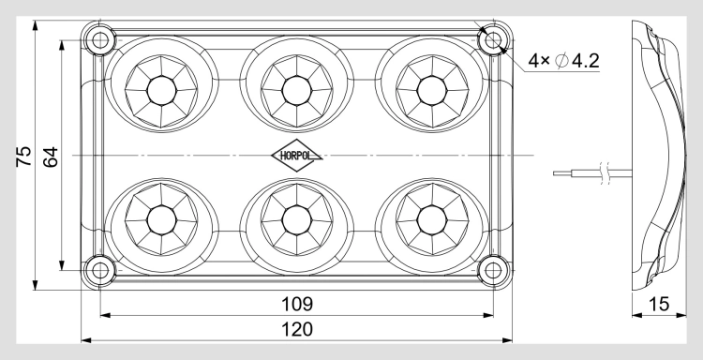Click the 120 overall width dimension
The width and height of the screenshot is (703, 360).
[x=296, y=329]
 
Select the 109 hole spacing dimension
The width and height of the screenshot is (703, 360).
[x=296, y=305]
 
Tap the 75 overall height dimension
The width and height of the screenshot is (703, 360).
[x=23, y=157]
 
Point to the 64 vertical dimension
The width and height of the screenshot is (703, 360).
[x=51, y=157]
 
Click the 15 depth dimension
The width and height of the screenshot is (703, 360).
[x=659, y=305]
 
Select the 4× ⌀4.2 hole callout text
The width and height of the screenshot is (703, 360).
[x=563, y=61]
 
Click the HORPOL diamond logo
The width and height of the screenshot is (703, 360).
[x=296, y=156]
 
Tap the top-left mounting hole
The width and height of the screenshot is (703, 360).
[x=100, y=40]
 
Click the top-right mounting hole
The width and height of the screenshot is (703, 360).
[x=493, y=40]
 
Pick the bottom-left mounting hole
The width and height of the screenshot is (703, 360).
[x=100, y=270]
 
